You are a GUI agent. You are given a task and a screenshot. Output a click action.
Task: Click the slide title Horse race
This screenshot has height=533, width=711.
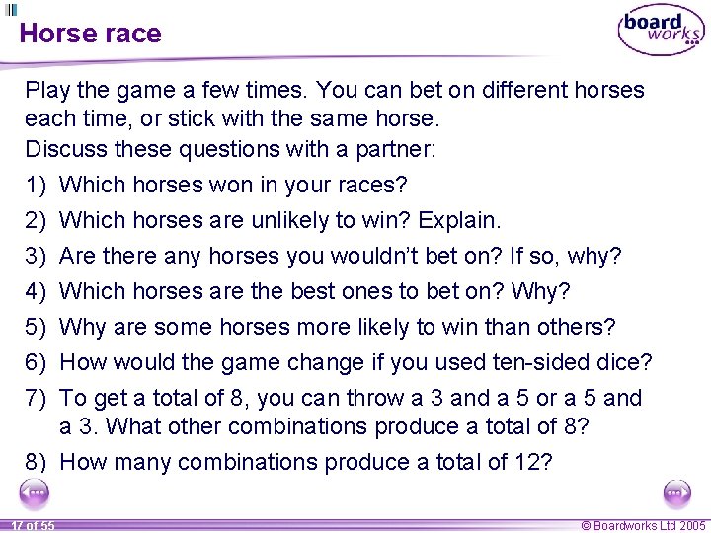tap(90, 34)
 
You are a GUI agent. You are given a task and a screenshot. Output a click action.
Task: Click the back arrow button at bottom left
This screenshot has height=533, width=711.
tap(37, 492)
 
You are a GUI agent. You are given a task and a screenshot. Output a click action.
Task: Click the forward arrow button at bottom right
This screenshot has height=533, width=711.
tap(676, 492)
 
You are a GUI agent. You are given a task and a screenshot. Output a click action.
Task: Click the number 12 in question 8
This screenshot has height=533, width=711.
tap(528, 462)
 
